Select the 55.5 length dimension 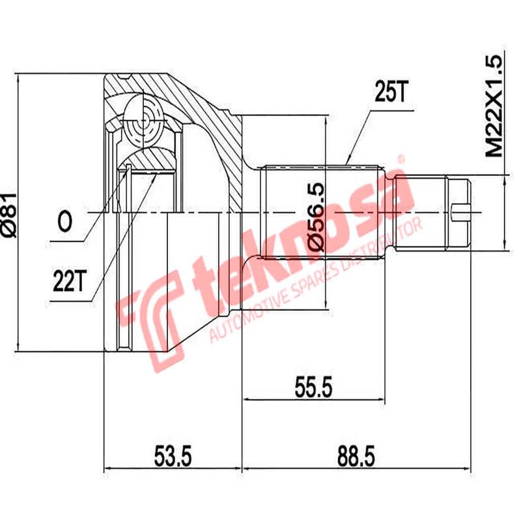point(312,389)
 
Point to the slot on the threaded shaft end point(460,211)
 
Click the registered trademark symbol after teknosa point(402,158)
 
